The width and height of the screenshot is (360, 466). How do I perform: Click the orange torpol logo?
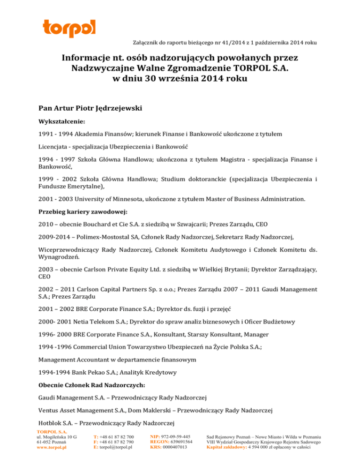[68, 29]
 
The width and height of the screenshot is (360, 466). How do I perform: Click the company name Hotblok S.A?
[57, 424]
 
